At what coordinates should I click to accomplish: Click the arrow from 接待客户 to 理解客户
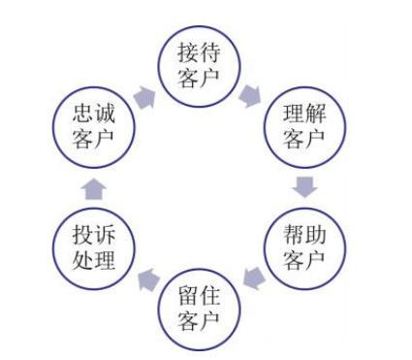click(254, 95)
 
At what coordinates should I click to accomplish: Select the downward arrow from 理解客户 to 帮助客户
click(305, 184)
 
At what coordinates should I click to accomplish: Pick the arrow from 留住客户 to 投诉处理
click(147, 279)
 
